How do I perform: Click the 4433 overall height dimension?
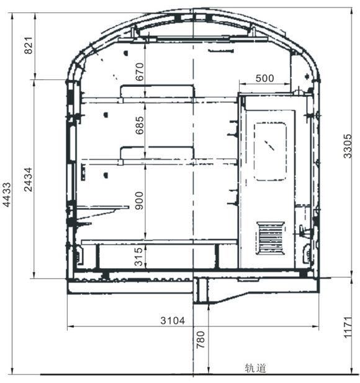(7, 195)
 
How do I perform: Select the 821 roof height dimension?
(29, 45)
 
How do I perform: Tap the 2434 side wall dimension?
(28, 179)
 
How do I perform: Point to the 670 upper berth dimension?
(140, 71)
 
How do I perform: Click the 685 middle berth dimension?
(140, 125)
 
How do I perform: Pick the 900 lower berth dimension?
(139, 201)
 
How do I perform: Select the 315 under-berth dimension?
(139, 257)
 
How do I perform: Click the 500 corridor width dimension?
(265, 78)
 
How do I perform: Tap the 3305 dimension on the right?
(348, 146)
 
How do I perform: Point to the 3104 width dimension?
(173, 320)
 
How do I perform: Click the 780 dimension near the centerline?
(200, 340)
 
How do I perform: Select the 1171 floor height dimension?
(348, 327)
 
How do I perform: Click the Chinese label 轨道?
(256, 368)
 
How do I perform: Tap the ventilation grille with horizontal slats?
(271, 238)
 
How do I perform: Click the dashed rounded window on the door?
(270, 151)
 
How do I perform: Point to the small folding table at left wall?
(102, 207)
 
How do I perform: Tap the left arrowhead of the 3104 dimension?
(70, 326)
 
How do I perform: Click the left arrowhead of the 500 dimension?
(242, 84)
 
